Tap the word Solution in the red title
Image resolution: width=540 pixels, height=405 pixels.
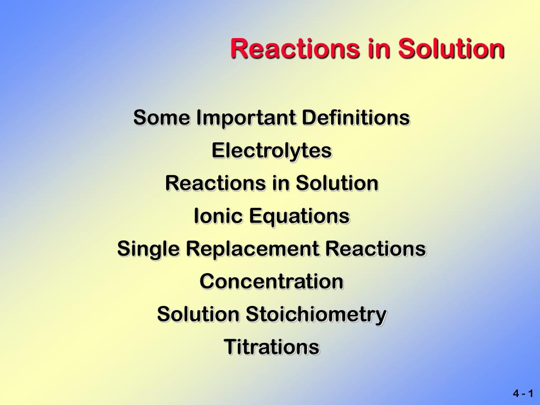point(451,48)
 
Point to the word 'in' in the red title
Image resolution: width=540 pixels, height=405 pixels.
point(380,48)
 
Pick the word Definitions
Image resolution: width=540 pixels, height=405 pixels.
point(356,118)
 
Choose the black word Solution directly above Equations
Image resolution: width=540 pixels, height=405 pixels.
point(337,183)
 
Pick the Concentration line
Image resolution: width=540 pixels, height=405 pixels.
point(272,282)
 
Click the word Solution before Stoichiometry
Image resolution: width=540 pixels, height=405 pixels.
point(198,314)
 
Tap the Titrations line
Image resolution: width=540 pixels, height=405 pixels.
point(272,347)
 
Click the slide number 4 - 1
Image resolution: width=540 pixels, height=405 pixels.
point(523,393)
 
